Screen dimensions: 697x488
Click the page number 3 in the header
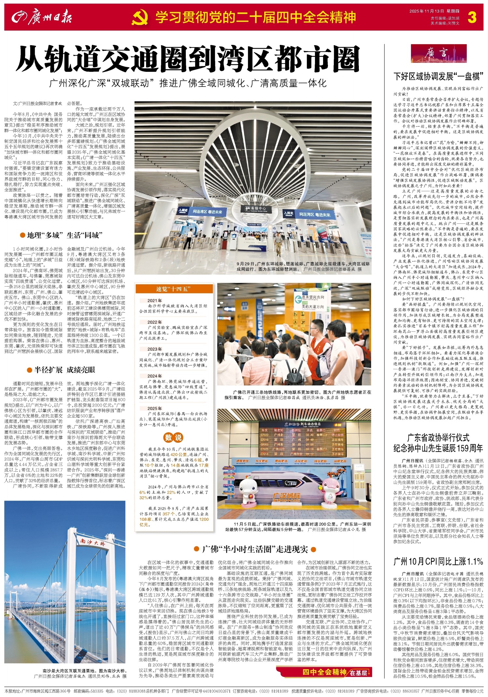[472, 17]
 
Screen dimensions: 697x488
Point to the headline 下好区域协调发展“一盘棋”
[438, 76]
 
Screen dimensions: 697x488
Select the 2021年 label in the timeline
[155, 301]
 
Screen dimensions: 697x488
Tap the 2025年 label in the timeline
[155, 408]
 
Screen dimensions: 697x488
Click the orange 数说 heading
[173, 437]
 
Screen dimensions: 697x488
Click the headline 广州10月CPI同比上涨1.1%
[438, 561]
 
